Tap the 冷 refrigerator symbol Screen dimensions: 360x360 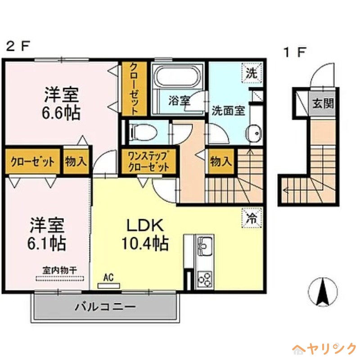252,219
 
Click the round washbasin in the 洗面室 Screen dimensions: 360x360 253,133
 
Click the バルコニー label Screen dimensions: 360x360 105,308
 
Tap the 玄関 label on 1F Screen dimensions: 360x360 323,104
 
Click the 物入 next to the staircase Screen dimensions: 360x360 220,161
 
